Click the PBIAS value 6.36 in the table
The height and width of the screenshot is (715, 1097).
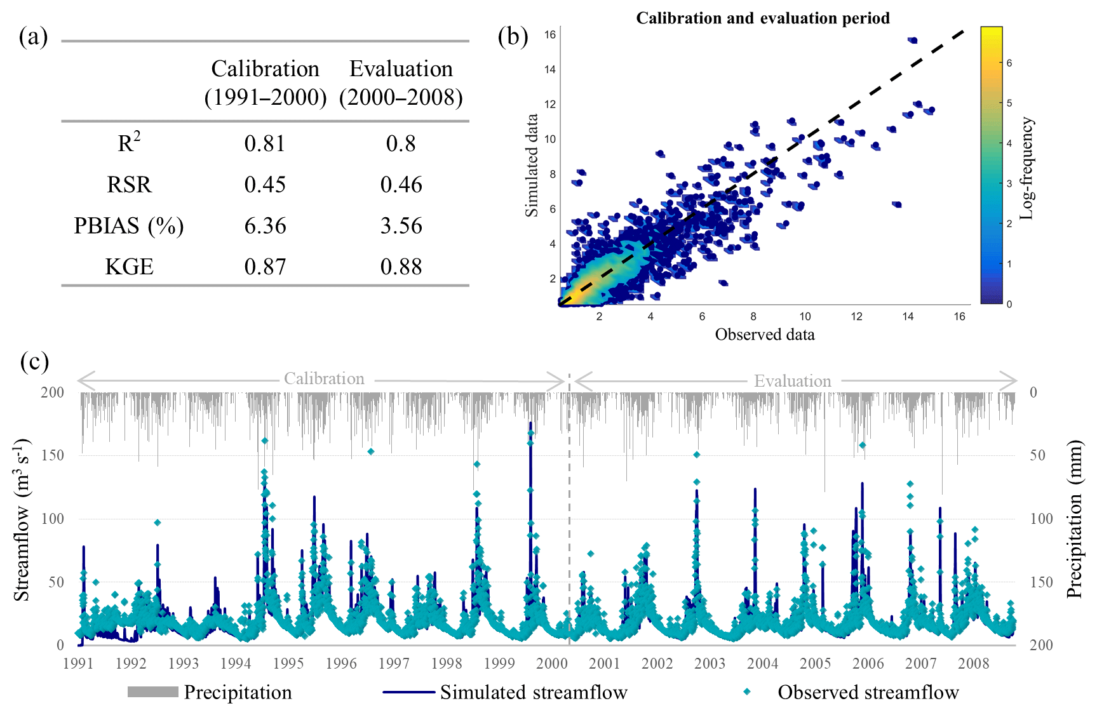265,226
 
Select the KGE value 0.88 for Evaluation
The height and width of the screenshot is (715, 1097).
401,267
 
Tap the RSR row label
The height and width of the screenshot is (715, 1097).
129,185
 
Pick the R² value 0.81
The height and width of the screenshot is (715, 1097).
265,144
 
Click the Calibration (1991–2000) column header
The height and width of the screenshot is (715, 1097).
266,83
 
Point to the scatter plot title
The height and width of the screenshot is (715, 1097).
762,18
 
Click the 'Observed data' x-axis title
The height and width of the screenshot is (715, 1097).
764,335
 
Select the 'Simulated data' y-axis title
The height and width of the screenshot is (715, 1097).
532,165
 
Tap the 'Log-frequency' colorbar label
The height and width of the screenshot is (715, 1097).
1026,169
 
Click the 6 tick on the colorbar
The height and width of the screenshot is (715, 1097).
1009,63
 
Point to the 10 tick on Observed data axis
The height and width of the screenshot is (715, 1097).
805,317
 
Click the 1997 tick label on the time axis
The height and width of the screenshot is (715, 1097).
394,664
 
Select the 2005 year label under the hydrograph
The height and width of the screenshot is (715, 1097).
815,664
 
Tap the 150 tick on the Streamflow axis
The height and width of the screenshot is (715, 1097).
53,455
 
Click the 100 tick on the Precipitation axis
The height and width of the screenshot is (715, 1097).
1041,519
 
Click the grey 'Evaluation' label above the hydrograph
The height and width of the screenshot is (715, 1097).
792,381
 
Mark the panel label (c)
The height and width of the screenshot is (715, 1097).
34,362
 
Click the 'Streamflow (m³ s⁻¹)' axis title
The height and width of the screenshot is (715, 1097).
22,519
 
